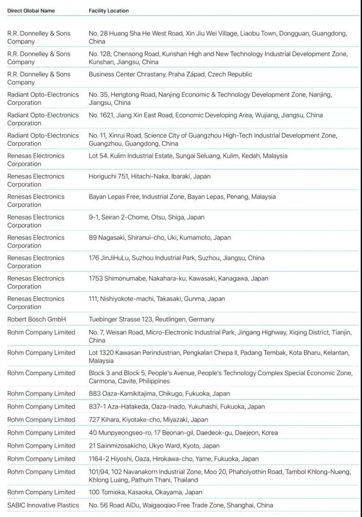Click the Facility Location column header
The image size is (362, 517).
[109, 10]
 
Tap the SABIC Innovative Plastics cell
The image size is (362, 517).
[43, 505]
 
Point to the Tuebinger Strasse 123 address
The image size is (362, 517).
[151, 319]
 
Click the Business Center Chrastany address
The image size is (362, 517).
[170, 74]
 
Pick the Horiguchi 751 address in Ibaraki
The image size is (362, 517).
[149, 176]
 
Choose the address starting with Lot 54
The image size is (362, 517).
[188, 156]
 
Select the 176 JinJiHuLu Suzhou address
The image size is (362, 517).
[176, 258]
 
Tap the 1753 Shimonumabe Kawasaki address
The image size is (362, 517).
[178, 278]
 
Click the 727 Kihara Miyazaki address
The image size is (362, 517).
[148, 420]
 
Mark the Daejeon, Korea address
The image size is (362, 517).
[183, 433]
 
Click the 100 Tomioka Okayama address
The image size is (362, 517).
[145, 492]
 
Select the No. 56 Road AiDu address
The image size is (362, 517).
[181, 505]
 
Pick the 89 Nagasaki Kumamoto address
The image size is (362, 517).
[159, 238]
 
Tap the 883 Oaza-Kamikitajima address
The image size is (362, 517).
[159, 393]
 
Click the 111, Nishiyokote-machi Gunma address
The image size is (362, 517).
[157, 299]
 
